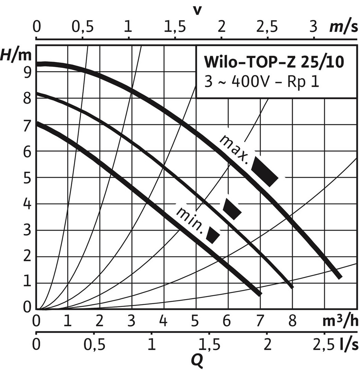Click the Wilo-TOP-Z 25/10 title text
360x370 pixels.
(273, 63)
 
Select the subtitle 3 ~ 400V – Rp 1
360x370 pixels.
(262, 83)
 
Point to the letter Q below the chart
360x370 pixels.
(196, 359)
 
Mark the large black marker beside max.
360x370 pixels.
(264, 171)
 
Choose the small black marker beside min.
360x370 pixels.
(213, 235)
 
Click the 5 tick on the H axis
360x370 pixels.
(28, 177)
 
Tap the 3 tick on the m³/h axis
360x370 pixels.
(132, 322)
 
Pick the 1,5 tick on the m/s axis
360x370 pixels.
(175, 27)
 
